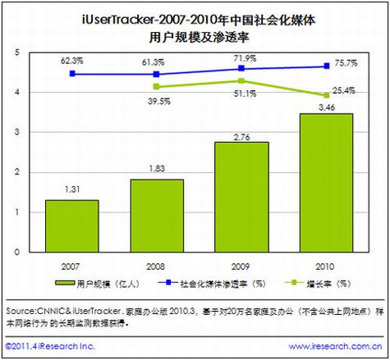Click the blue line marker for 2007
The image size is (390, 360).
(x=72, y=74)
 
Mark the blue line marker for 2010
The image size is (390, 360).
(x=327, y=66)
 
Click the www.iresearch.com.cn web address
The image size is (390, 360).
(x=335, y=348)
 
